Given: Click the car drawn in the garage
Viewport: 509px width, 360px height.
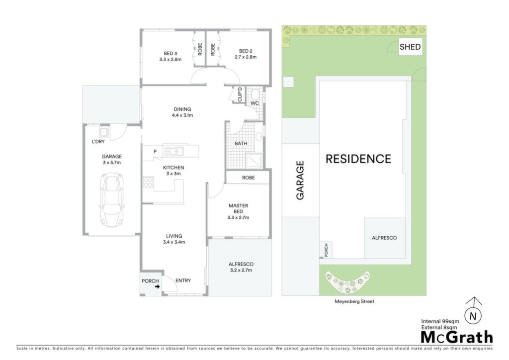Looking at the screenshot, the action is click(112, 200).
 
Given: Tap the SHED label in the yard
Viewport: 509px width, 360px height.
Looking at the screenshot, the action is click(410, 47).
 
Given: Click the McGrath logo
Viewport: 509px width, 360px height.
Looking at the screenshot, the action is click(457, 337).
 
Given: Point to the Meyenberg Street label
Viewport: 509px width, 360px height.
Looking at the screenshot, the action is click(354, 301).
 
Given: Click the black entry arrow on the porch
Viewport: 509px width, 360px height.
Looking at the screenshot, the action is click(158, 286).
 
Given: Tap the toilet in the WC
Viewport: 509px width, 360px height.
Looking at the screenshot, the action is click(255, 94).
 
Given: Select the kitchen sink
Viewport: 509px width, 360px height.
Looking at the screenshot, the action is click(173, 151).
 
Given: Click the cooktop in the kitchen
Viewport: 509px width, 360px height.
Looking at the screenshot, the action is click(148, 182).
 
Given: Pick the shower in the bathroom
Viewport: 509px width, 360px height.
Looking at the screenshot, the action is click(254, 161).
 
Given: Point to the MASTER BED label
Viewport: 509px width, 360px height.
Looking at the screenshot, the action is click(238, 208).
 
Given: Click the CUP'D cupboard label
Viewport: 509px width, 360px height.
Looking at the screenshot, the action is click(240, 94).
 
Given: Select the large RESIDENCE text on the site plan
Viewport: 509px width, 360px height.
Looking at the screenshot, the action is click(358, 159).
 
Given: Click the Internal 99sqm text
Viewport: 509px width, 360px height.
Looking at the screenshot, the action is click(440, 321).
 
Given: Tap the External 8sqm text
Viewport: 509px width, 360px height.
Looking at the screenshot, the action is click(439, 327).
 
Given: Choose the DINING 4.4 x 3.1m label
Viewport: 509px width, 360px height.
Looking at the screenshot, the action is click(182, 112).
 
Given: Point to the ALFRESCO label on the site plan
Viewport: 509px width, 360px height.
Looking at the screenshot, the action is click(384, 238).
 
